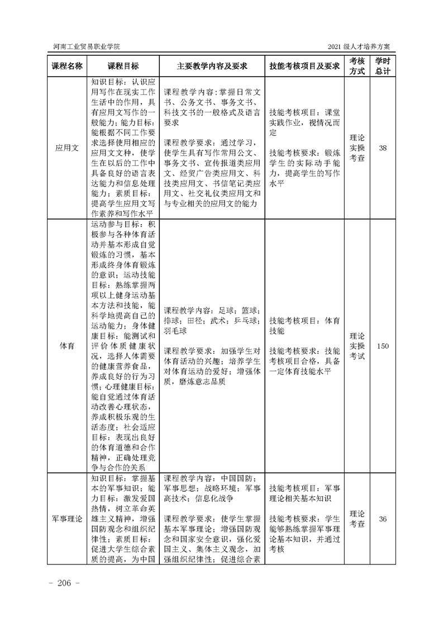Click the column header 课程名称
(x=67, y=65)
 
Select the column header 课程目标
(x=123, y=65)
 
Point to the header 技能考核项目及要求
(x=304, y=65)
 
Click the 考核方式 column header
(x=358, y=65)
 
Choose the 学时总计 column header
(x=383, y=65)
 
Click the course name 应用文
(x=67, y=148)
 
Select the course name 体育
(x=67, y=346)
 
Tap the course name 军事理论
(x=67, y=519)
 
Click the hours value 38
(x=383, y=148)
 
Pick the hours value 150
(x=383, y=346)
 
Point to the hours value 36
(x=383, y=519)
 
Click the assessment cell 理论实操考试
(x=358, y=346)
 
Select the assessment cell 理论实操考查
(x=358, y=148)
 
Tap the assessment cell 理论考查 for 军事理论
(x=358, y=519)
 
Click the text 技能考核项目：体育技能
(x=304, y=326)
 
